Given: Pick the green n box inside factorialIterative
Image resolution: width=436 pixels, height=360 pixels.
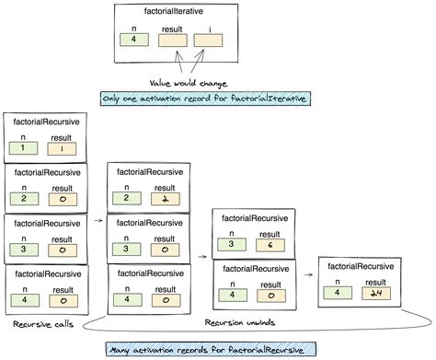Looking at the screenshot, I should click(x=135, y=41).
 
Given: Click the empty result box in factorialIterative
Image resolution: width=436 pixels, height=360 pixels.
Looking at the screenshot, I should click(x=171, y=41).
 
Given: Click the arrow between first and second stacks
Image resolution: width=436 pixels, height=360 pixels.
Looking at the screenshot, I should click(x=97, y=221).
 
